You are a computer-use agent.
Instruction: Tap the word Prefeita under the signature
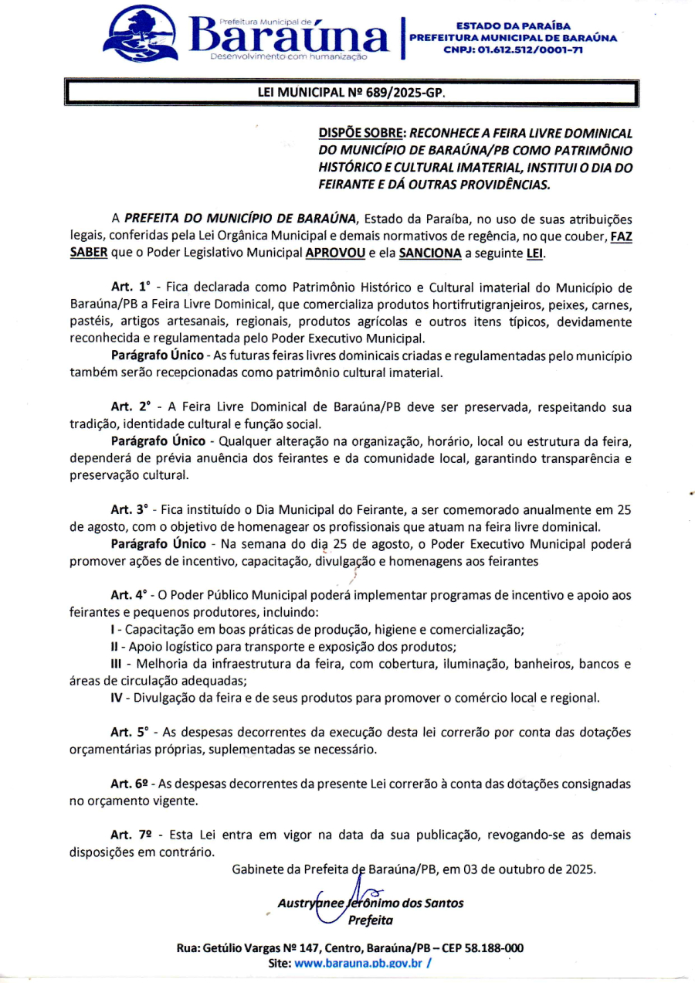(371, 920)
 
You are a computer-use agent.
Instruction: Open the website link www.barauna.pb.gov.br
(358, 963)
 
